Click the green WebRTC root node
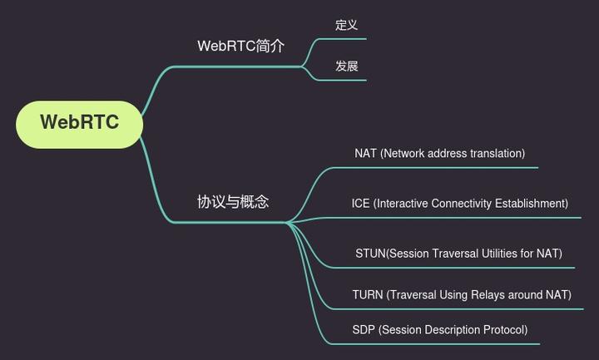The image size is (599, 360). pyautogui.click(x=79, y=123)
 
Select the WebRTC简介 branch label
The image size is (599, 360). pyautogui.click(x=240, y=46)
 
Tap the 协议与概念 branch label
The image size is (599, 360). pyautogui.click(x=233, y=201)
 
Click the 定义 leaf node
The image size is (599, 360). pyautogui.click(x=346, y=25)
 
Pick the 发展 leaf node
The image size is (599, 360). pyautogui.click(x=346, y=66)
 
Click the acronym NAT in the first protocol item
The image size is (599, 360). pyautogui.click(x=365, y=153)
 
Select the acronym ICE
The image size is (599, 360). pyautogui.click(x=360, y=203)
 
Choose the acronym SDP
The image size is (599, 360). pyautogui.click(x=364, y=329)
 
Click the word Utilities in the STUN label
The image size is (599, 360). pyautogui.click(x=501, y=253)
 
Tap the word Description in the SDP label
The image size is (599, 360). pyautogui.click(x=450, y=329)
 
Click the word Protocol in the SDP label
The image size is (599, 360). pyautogui.click(x=502, y=329)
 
